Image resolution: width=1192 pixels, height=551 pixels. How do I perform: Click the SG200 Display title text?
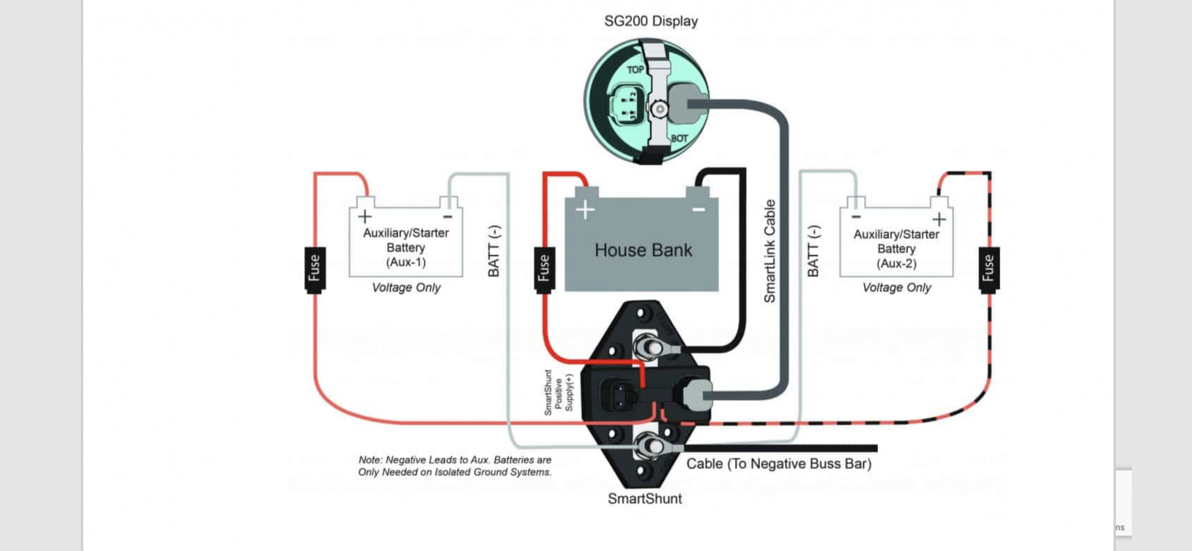tap(651, 21)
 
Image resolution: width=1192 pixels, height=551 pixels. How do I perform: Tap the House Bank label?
tap(643, 250)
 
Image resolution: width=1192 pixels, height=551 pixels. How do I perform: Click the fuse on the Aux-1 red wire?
tap(315, 269)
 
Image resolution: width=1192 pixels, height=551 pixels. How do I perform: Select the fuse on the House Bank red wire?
tap(544, 269)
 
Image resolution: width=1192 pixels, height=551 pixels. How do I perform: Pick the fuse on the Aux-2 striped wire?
tap(989, 269)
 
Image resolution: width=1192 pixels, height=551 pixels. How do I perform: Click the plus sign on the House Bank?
tap(585, 209)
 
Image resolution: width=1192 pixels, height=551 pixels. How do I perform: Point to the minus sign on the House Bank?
tap(699, 209)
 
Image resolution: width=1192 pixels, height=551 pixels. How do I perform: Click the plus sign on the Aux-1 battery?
tap(365, 216)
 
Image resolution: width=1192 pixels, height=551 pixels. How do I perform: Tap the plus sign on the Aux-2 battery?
tap(939, 219)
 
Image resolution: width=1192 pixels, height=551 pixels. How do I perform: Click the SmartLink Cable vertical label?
tap(769, 251)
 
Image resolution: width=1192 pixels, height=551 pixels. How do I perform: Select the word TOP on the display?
tap(635, 70)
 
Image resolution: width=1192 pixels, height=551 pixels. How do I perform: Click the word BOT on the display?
tap(679, 138)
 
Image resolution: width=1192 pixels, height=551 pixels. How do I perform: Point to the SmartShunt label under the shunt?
tap(644, 499)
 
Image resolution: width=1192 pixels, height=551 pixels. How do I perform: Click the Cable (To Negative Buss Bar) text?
tap(778, 464)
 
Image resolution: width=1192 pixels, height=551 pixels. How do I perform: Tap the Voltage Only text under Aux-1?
tap(406, 287)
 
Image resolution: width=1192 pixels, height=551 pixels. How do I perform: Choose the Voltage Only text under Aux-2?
tap(896, 287)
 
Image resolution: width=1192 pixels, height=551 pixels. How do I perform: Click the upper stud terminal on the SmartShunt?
tap(649, 347)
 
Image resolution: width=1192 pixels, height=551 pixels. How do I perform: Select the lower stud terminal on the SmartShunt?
tap(649, 445)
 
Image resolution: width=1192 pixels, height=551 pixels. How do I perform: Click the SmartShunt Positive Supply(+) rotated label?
tap(558, 392)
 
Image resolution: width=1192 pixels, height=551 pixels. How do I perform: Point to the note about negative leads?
tap(454, 466)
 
